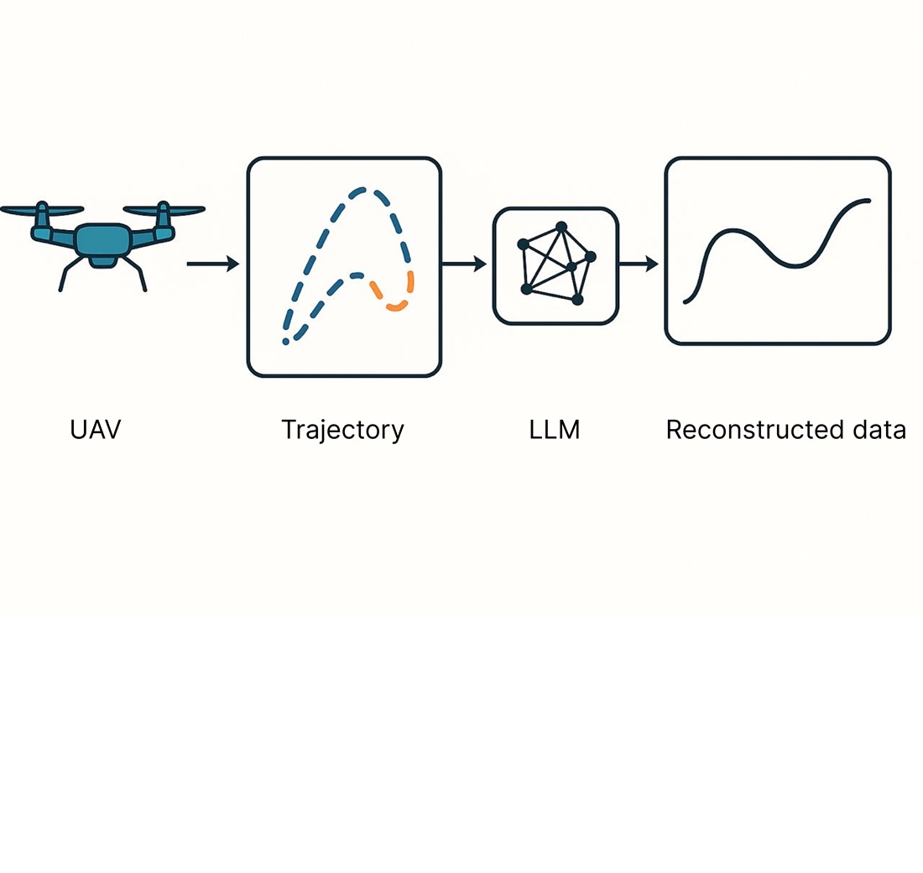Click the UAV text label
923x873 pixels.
tap(96, 430)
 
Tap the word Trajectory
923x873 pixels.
tap(342, 430)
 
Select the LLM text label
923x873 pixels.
tap(555, 430)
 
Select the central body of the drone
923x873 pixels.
tap(102, 242)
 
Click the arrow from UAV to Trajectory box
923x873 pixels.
tap(212, 264)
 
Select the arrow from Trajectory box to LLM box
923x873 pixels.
tap(464, 264)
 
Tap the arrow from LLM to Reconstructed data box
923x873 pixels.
tap(639, 264)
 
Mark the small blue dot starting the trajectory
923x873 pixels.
tap(286, 342)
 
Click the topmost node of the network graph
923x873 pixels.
tap(561, 227)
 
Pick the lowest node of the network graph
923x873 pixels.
tap(576, 299)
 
